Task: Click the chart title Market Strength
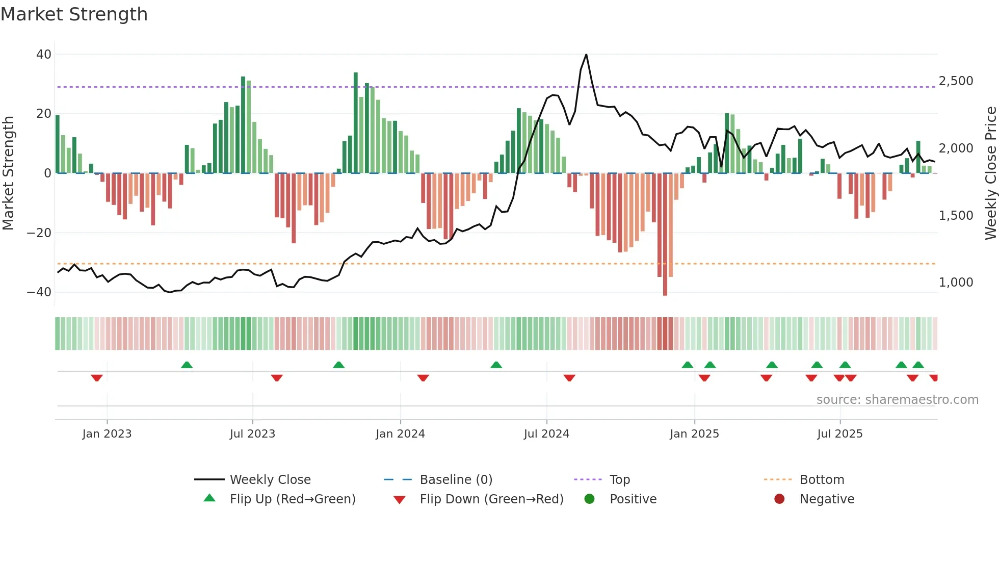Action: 74,14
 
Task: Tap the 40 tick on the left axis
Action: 44,55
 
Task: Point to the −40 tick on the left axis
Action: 39,292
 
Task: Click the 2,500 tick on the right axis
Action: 956,81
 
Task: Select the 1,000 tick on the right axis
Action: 956,283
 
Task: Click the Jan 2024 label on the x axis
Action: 400,434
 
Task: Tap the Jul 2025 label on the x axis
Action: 839,434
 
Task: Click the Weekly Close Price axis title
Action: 990,173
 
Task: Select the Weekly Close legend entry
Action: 270,480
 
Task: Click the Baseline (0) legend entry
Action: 456,480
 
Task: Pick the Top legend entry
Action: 619,480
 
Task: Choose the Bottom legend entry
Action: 822,480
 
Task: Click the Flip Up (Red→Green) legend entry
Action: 292,499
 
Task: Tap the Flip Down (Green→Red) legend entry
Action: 491,499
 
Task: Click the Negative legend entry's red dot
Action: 779,499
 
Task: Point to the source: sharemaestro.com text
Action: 897,400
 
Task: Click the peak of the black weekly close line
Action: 586,55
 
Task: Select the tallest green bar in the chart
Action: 356,122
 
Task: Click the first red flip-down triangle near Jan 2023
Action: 97,378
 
